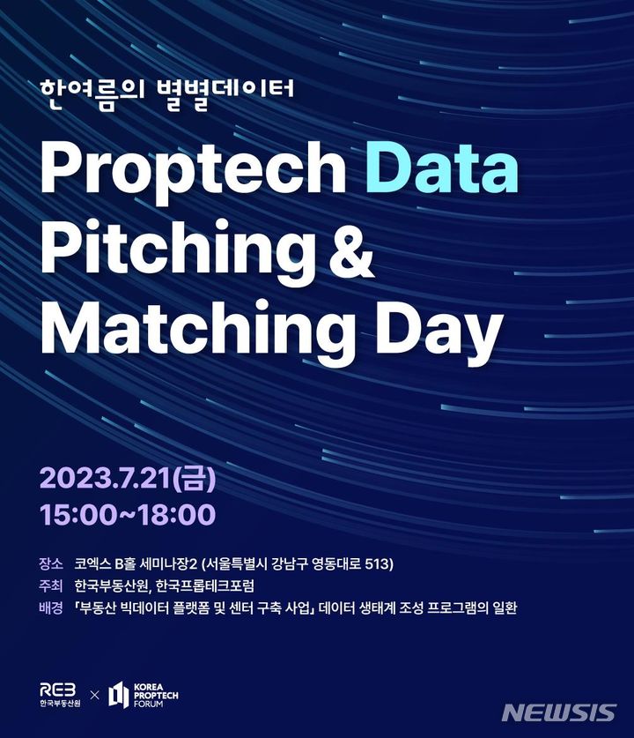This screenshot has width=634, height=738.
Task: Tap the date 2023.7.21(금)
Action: (x=127, y=480)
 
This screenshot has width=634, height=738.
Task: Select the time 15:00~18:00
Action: (x=127, y=514)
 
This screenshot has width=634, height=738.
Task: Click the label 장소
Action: (x=51, y=563)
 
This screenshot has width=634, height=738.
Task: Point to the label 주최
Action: (x=51, y=585)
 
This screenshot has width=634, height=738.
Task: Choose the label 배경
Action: (x=51, y=608)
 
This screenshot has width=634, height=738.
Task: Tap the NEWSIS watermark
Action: (x=559, y=712)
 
